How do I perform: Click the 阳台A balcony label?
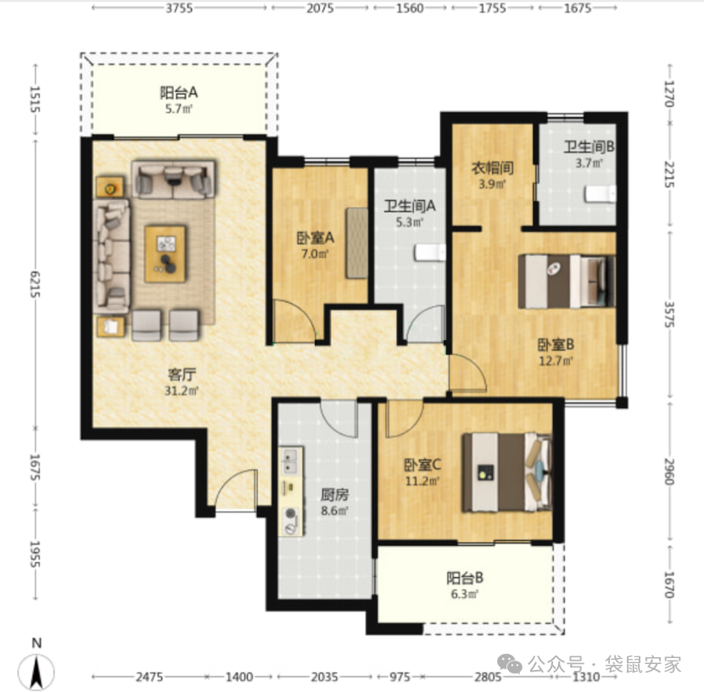tap(179, 93)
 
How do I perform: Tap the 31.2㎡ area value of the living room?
tap(182, 391)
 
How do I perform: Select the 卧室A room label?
tap(316, 237)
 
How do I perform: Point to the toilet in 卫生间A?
tap(430, 252)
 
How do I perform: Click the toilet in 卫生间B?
tap(600, 194)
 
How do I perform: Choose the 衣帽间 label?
tap(492, 168)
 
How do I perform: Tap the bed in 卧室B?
tap(567, 282)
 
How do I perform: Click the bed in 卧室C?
tap(507, 472)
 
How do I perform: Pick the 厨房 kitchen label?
tap(334, 494)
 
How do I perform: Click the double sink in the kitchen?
tap(291, 460)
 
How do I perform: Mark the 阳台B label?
tap(465, 578)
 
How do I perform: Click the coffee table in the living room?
tap(165, 254)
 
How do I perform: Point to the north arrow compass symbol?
tap(36, 672)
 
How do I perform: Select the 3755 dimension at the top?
tap(179, 8)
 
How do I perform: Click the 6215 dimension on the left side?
tap(35, 283)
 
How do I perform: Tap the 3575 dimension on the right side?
tap(669, 314)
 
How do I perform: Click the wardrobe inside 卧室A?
tap(357, 243)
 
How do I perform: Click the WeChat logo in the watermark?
tap(508, 663)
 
